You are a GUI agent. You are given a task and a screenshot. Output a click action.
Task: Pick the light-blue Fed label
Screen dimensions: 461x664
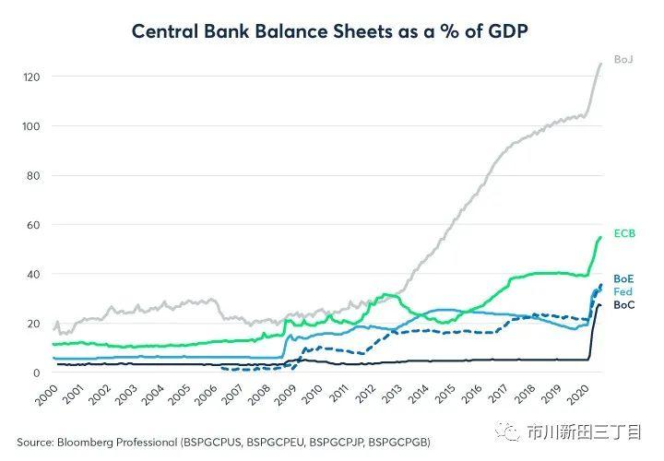point(623,291)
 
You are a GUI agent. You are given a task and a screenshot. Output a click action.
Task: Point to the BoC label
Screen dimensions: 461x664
point(623,305)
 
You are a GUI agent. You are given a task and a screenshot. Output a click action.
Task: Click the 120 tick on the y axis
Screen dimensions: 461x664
point(32,77)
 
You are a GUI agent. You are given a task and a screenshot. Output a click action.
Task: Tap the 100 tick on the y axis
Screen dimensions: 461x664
point(32,125)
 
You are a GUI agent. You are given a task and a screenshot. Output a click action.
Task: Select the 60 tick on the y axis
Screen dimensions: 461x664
point(34,224)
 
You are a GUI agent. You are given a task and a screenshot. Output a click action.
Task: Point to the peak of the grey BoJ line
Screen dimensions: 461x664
point(600,63)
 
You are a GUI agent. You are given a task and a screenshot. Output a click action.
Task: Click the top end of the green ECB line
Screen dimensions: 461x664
point(600,237)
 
